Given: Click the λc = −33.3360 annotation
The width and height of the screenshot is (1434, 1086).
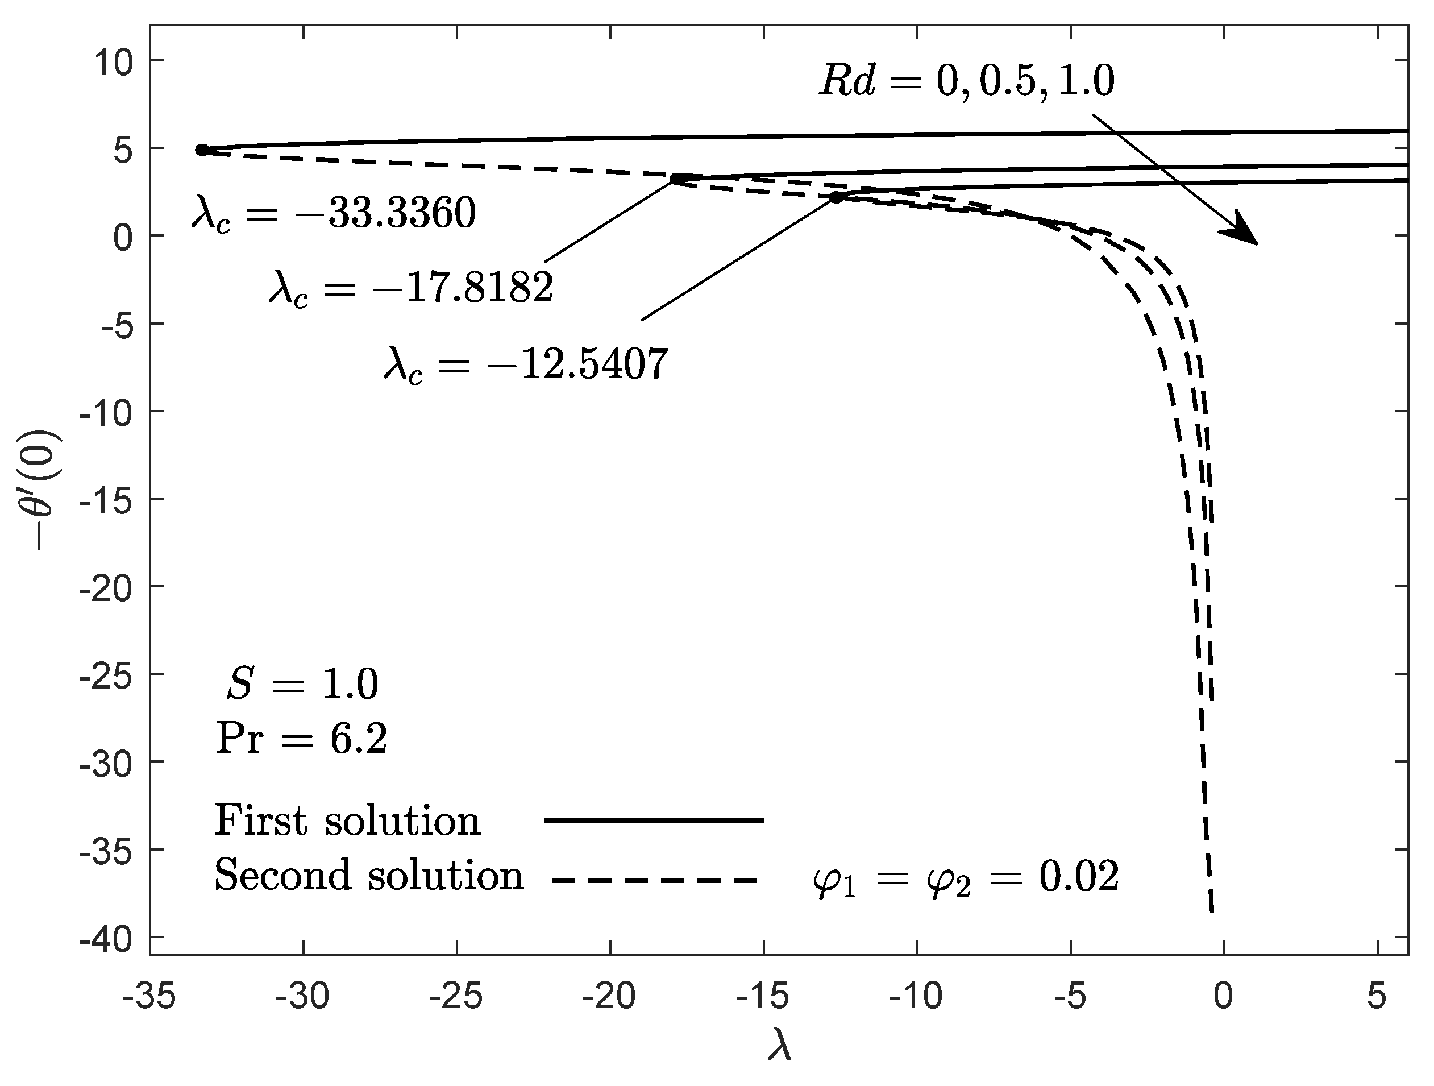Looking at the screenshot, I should click(x=334, y=214).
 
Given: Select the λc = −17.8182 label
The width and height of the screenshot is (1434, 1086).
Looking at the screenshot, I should click(x=411, y=288).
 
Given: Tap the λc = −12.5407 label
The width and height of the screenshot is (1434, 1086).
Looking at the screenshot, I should click(x=526, y=364).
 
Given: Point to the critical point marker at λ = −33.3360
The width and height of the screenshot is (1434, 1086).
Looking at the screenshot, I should click(x=202, y=150).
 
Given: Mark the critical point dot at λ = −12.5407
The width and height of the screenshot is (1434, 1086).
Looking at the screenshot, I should click(x=836, y=197).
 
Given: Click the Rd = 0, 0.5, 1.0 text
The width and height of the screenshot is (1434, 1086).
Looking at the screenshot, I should click(x=966, y=82).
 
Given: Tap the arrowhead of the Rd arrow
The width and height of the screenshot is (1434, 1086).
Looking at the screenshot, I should click(x=1241, y=231).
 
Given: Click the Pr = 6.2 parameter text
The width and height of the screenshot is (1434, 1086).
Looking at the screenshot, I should click(x=301, y=739).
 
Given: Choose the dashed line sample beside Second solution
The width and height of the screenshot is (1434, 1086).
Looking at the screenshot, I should click(x=654, y=880).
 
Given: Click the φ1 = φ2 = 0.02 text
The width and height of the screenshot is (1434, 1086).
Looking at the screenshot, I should click(x=966, y=878).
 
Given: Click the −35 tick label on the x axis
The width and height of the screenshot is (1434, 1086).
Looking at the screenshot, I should click(x=149, y=997).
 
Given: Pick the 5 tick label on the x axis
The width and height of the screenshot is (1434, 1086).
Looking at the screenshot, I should click(x=1377, y=997).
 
